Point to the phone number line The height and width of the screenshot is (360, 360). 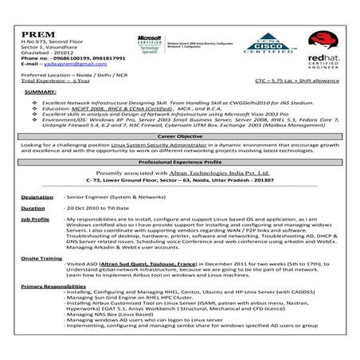(x=64, y=59)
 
